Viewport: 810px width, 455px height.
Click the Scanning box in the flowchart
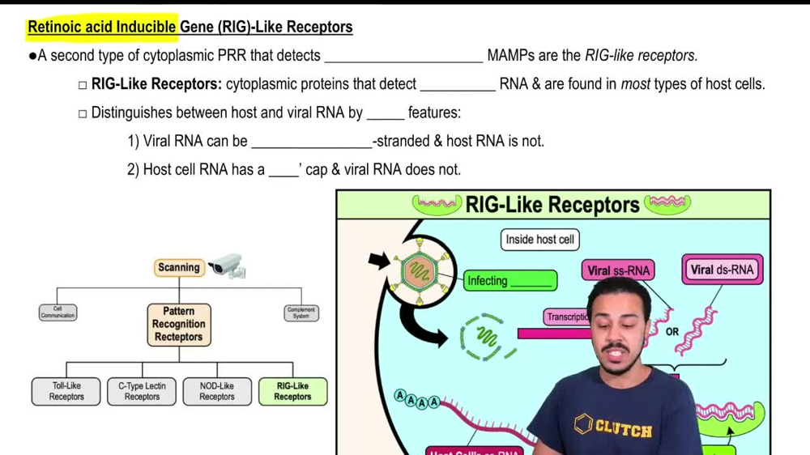(x=178, y=268)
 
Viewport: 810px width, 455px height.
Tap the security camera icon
(x=226, y=266)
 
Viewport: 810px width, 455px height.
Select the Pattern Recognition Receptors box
(x=179, y=324)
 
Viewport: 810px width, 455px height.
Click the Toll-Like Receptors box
(x=66, y=392)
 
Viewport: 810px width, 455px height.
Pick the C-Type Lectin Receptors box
(x=142, y=392)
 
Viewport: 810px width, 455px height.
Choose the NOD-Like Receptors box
(x=217, y=392)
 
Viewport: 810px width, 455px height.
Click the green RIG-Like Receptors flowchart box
(x=292, y=392)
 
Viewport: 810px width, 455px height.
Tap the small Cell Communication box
(x=58, y=313)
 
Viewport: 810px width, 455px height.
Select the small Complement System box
(x=301, y=313)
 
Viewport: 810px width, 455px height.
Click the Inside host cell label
(x=539, y=240)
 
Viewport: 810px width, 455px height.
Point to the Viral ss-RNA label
(x=618, y=270)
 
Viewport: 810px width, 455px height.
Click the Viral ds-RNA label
(x=722, y=270)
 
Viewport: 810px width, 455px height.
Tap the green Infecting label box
(x=509, y=281)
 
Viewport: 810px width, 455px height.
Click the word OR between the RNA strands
(x=672, y=332)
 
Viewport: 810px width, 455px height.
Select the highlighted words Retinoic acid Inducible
(x=102, y=27)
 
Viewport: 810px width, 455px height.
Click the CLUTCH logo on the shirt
(x=615, y=427)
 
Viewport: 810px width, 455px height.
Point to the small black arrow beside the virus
(x=378, y=261)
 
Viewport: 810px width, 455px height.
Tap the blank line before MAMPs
(x=403, y=56)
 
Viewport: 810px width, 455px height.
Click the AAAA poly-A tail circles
(x=416, y=399)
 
